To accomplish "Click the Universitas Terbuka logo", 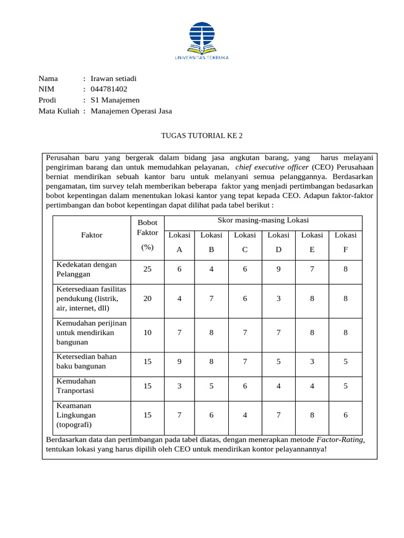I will [201, 40].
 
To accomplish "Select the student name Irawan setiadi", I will [114, 78].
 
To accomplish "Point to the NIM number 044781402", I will [109, 89].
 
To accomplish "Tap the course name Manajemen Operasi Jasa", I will [131, 111].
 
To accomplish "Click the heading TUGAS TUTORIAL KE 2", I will [201, 136].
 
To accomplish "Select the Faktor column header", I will [92, 235].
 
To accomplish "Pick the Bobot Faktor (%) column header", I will [147, 235].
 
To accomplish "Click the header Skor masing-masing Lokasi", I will [263, 220].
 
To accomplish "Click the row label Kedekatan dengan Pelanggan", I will [87, 269].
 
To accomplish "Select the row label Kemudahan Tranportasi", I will [76, 386].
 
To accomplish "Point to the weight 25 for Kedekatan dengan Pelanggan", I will [147, 269].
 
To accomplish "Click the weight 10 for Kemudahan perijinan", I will [147, 333].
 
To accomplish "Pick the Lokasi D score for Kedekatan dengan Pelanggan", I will [278, 269].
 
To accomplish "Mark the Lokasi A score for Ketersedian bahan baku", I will [179, 361].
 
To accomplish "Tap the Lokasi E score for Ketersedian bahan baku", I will [312, 361].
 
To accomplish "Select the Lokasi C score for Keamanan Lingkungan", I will [245, 415].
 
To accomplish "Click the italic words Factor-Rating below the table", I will [340, 439].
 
